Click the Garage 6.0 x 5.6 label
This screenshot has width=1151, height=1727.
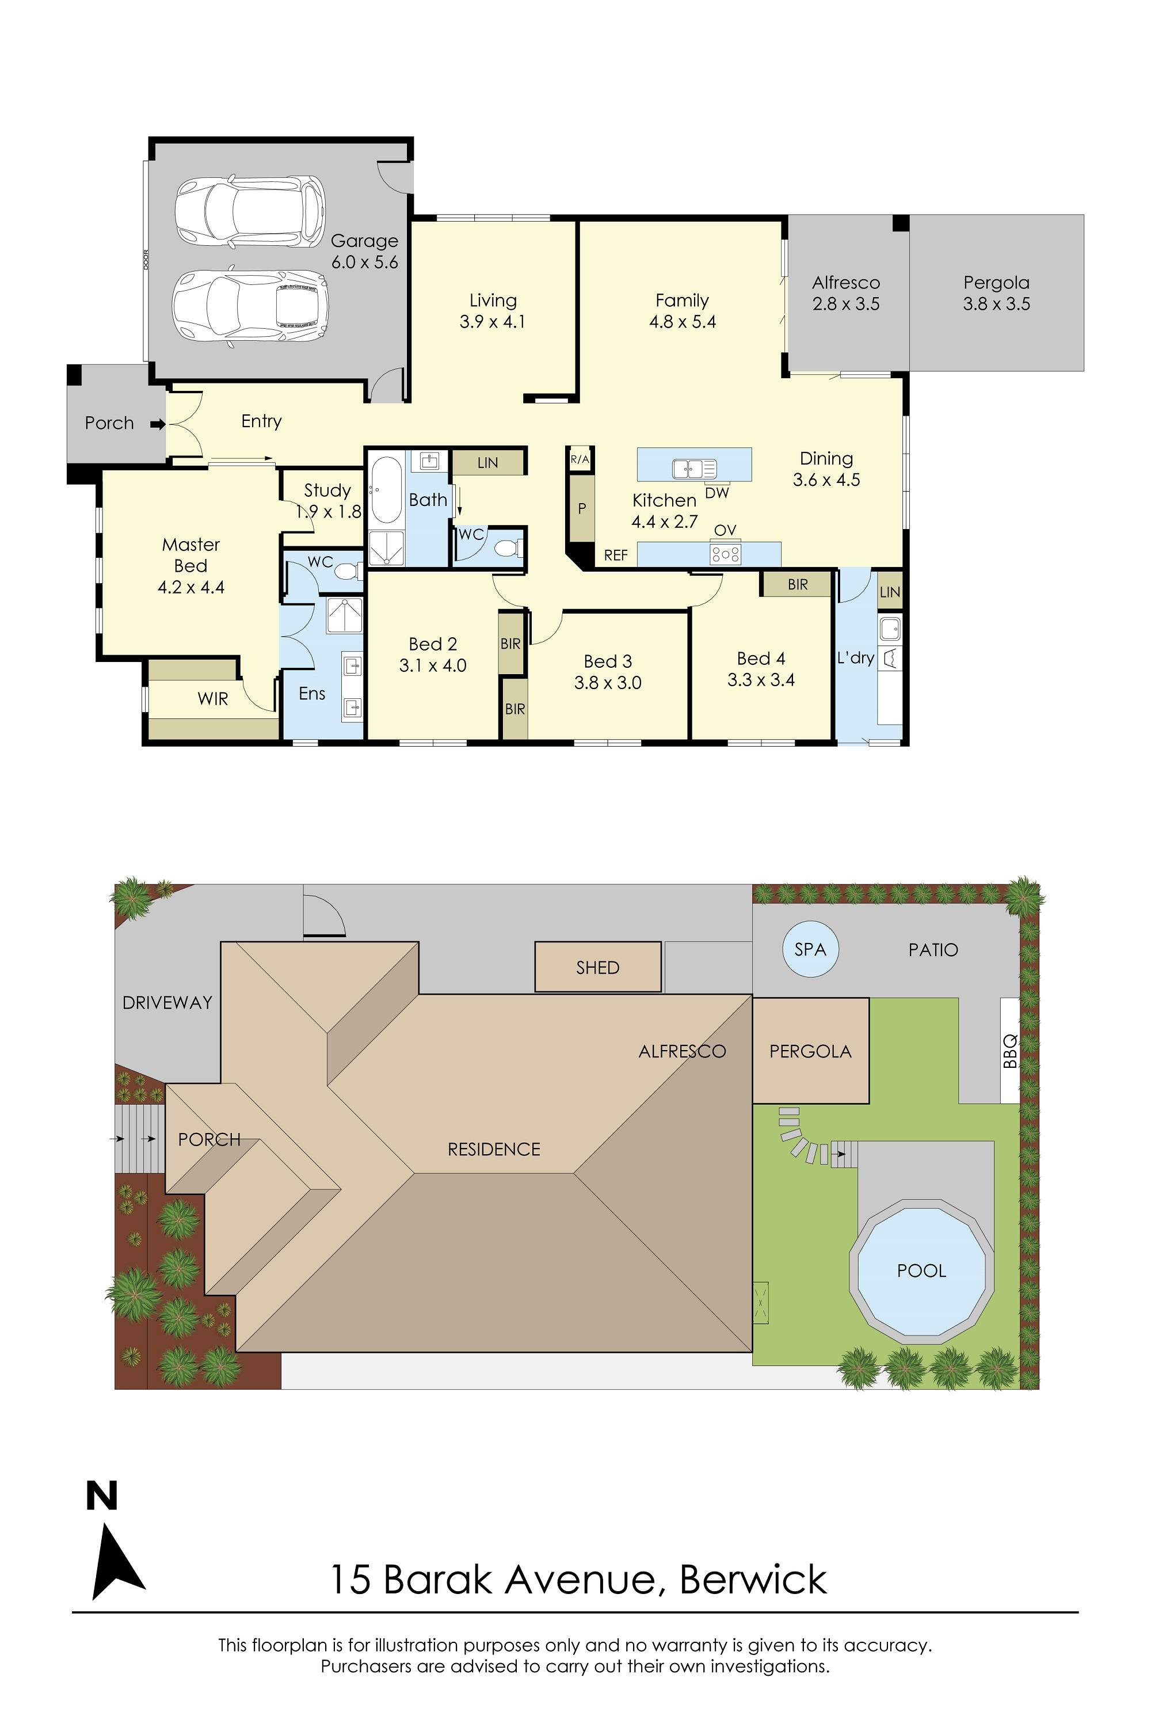(364, 251)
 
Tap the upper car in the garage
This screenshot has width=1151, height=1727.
(250, 211)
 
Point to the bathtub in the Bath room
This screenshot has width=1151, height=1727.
(386, 490)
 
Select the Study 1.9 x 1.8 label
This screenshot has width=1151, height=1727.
(327, 500)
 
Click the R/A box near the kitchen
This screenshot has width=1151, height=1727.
(579, 459)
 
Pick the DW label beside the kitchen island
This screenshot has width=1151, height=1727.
(716, 493)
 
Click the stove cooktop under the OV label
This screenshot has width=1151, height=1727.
(725, 554)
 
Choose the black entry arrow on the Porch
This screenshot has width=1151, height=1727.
(158, 424)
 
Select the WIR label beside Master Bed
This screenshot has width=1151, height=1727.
(213, 699)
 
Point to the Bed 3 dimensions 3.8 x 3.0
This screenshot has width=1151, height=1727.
(608, 683)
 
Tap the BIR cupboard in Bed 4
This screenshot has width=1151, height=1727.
(797, 584)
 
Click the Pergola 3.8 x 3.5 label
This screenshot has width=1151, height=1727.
(996, 293)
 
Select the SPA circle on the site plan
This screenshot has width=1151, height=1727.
(810, 949)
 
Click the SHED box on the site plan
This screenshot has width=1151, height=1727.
(597, 968)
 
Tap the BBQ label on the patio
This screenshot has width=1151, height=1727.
(1010, 1051)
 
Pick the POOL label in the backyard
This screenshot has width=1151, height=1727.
(921, 1271)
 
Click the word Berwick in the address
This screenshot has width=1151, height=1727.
(753, 1580)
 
